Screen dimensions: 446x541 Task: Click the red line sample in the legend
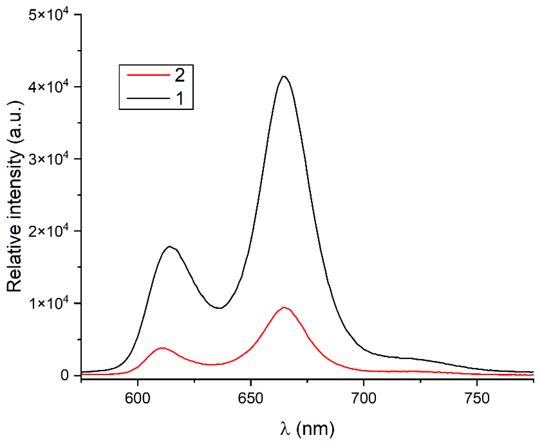[148, 75]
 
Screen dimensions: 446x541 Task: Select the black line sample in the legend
[148, 98]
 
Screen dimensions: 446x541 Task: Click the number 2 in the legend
[179, 75]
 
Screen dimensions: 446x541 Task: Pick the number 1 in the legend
[180, 98]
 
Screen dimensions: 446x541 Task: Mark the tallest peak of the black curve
[283, 76]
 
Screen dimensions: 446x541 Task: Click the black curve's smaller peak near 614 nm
[169, 246]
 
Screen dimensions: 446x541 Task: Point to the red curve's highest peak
[283, 307]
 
